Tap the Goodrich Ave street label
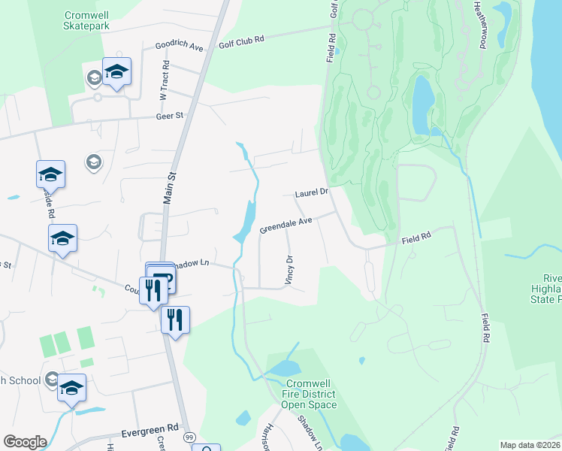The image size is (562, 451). pos(180,46)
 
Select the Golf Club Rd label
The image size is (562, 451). pos(242,38)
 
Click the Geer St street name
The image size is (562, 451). pos(170,116)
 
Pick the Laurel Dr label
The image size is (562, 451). pos(312,192)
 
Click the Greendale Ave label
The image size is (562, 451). pos(286,225)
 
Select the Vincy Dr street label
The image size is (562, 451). pos(289,269)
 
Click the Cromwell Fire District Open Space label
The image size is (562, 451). pos(309,394)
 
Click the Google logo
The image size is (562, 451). pos(25,442)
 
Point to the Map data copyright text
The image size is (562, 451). pos(530,445)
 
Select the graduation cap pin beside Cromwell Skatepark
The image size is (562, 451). pos(116,71)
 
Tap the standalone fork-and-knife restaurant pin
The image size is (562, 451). pos(175,319)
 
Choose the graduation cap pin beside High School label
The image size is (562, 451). pos(71,388)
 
